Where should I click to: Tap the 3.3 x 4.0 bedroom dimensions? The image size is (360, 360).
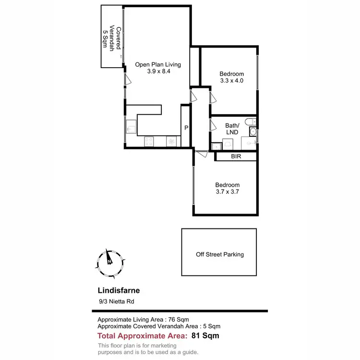(232, 81)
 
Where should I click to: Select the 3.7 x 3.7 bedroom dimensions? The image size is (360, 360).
(227, 192)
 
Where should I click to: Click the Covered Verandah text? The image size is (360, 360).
(109, 36)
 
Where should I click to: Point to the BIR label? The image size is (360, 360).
(236, 156)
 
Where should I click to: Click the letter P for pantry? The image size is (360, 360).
(186, 128)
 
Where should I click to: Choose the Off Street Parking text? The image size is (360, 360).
(219, 254)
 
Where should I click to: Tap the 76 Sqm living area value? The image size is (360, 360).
(177, 319)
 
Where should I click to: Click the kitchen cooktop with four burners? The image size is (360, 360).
(149, 142)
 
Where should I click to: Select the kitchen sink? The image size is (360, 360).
(131, 127)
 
